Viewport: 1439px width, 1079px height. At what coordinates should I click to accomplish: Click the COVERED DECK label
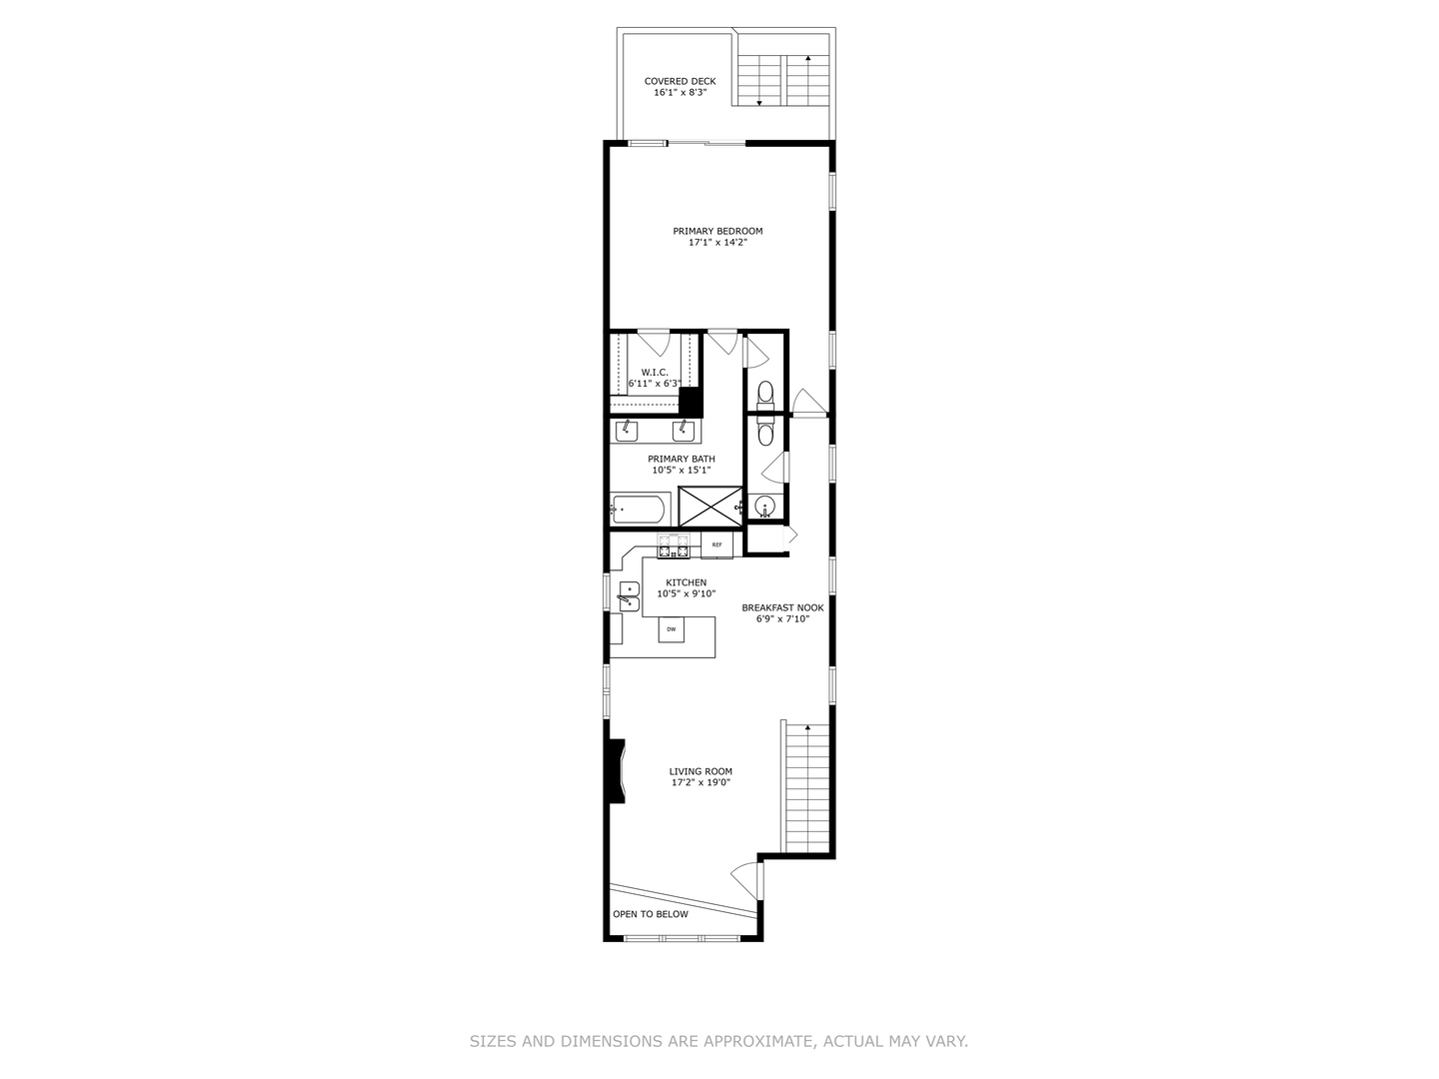680,81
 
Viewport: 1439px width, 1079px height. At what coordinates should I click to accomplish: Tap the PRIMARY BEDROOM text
718,231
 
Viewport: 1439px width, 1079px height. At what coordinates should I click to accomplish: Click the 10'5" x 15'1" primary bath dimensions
681,470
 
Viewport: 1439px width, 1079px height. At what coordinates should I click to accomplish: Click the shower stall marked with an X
711,506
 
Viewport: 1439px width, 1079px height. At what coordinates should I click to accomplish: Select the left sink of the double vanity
627,431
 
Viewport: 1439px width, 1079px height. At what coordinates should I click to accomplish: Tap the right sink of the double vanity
684,431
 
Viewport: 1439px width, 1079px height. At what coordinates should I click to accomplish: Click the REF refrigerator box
717,544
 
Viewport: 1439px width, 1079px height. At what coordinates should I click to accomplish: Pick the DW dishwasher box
672,629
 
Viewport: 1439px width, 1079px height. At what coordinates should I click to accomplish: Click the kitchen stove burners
674,545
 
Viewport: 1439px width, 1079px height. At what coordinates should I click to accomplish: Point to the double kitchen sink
630,595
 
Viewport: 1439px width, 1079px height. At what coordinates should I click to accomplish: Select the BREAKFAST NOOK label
782,607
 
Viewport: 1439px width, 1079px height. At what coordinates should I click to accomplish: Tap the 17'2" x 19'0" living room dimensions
701,783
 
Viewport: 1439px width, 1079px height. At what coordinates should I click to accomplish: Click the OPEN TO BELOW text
651,914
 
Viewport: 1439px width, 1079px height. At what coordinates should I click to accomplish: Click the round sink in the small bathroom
765,507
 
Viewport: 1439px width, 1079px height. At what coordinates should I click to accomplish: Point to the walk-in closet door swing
653,342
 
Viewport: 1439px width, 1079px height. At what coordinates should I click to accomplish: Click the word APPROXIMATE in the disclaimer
758,1041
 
